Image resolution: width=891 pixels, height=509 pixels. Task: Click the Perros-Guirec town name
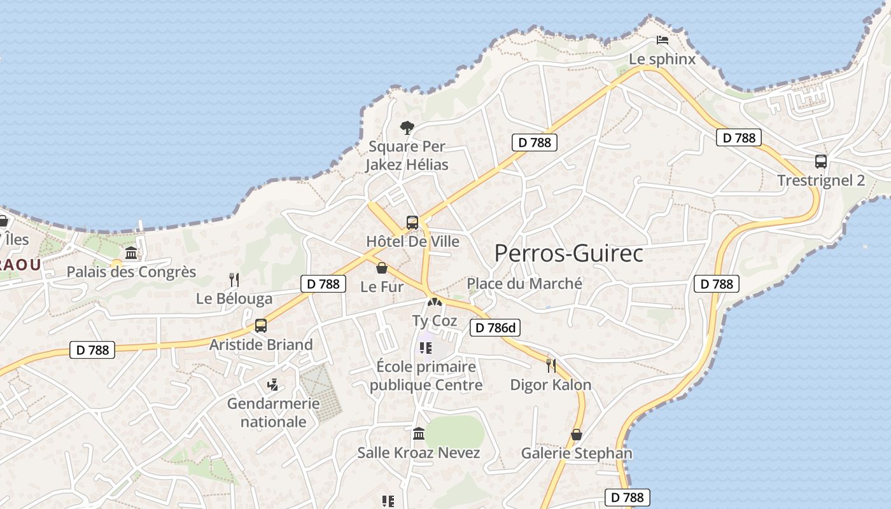click(x=568, y=253)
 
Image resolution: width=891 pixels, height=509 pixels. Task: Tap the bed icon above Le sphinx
click(x=663, y=40)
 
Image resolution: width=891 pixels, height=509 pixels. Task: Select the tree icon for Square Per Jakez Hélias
click(x=407, y=128)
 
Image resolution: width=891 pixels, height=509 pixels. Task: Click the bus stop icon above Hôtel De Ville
click(x=412, y=223)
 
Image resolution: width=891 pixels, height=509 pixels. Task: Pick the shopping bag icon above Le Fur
click(x=382, y=268)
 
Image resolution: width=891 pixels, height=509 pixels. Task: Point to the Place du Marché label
click(x=524, y=284)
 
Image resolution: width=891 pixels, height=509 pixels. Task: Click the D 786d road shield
click(x=495, y=328)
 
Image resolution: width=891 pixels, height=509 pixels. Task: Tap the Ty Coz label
click(x=435, y=321)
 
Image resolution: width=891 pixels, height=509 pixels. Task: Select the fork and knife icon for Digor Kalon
click(x=551, y=365)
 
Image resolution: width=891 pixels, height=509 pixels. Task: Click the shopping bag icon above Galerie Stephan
click(x=577, y=435)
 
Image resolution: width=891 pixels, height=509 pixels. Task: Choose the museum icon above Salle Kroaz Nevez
click(x=419, y=434)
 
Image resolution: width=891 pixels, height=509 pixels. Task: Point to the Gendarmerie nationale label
click(x=274, y=412)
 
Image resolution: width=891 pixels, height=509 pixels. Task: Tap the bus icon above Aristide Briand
click(x=260, y=326)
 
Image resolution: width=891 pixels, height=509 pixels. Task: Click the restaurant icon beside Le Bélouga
click(x=234, y=279)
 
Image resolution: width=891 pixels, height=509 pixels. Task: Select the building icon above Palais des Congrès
click(x=131, y=253)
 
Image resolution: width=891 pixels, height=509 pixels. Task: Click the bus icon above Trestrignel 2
click(x=821, y=162)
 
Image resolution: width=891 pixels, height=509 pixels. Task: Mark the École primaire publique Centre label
click(x=426, y=376)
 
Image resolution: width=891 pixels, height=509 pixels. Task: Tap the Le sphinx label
click(x=662, y=59)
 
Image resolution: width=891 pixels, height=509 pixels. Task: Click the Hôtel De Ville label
click(x=412, y=242)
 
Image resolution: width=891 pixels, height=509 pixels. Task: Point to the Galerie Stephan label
click(x=577, y=453)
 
